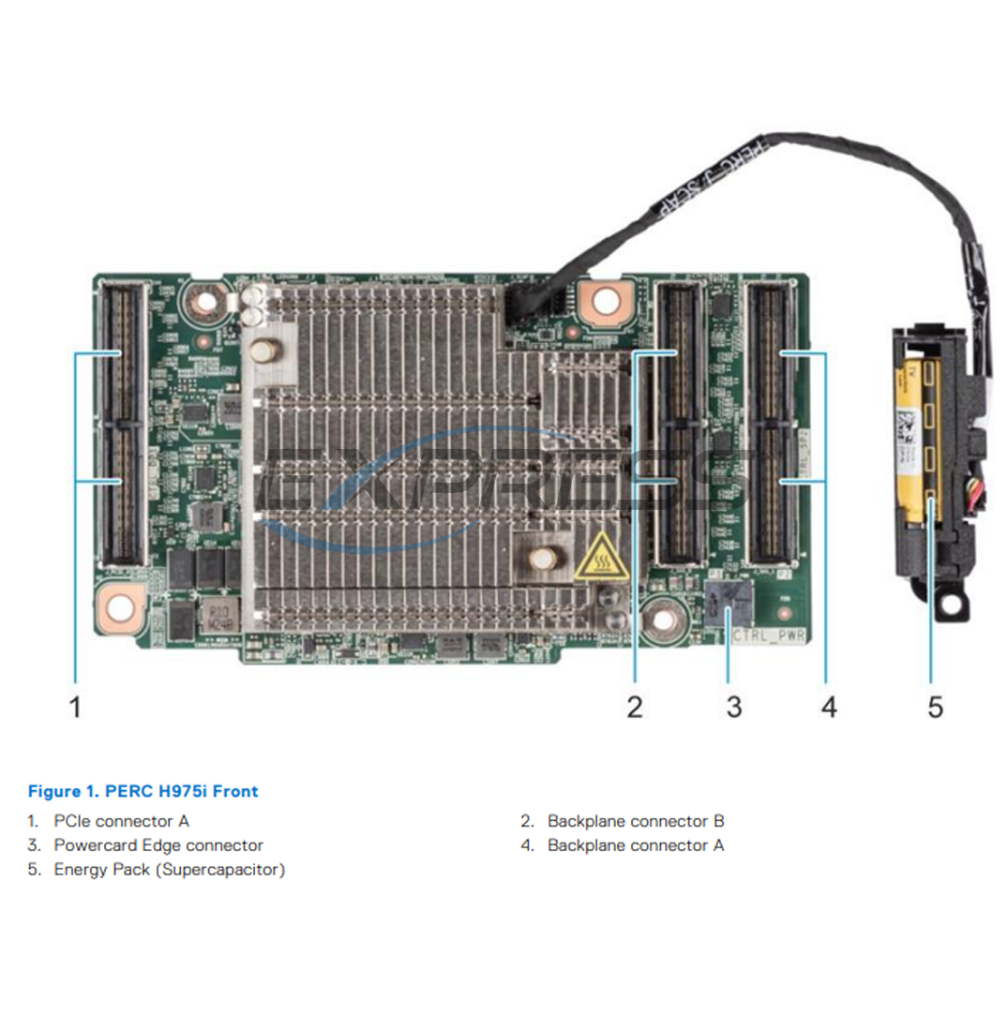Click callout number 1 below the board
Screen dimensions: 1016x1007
pos(75,706)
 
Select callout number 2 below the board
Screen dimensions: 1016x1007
pos(635,706)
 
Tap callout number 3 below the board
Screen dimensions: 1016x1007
pos(733,706)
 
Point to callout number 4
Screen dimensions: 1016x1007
pos(828,706)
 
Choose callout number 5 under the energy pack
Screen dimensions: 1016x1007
pos(935,706)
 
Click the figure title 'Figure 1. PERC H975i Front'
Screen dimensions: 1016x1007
pos(143,791)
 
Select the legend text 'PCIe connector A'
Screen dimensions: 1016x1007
pos(121,821)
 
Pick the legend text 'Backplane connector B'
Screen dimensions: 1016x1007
pos(636,821)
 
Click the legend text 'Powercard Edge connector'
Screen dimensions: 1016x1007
pos(158,845)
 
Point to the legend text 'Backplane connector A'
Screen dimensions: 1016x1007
pos(636,845)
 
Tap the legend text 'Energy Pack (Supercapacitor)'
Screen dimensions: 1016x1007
pos(169,870)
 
